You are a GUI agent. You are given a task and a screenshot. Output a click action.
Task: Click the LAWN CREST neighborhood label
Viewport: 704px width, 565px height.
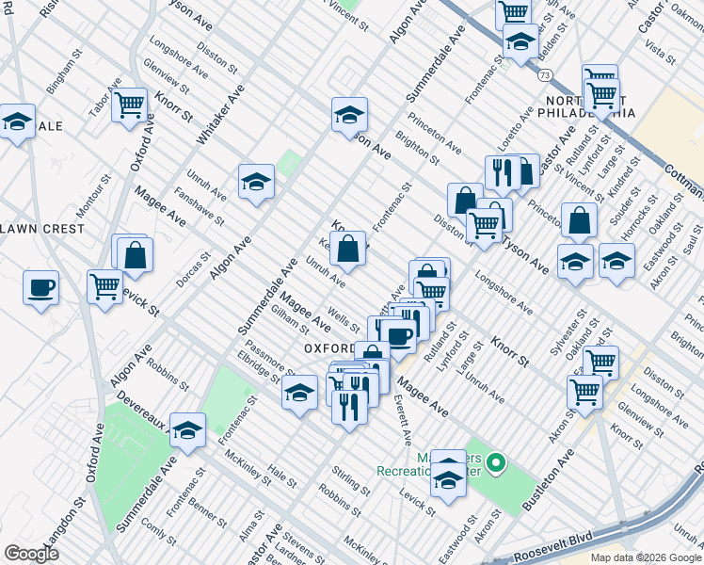42,229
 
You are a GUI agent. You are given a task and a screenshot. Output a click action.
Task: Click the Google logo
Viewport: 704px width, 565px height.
31,553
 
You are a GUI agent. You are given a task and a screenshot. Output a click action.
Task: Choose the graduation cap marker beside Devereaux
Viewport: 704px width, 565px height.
188,429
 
